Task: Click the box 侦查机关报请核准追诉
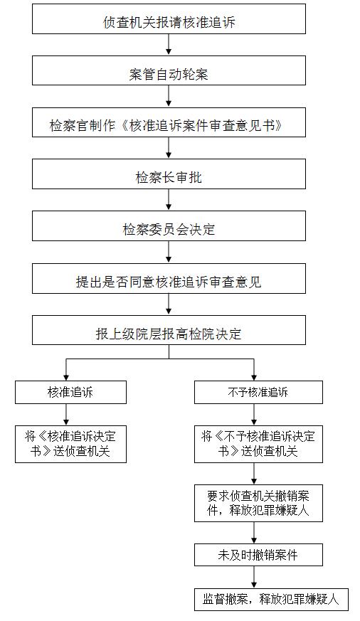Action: tap(169, 19)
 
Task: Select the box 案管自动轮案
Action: tap(169, 70)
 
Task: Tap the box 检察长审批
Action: tap(169, 174)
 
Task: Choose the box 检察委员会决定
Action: tap(169, 225)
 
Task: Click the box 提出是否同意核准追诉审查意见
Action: tap(169, 278)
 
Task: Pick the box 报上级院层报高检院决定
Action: tap(169, 330)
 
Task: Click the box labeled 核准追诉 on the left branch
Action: tap(70, 393)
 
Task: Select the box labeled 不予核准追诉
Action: tap(258, 393)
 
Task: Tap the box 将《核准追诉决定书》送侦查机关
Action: tap(70, 444)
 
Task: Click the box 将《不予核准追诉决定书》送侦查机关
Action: tap(258, 444)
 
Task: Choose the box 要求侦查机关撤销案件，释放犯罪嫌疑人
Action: tap(258, 503)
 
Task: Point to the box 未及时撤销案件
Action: tap(258, 555)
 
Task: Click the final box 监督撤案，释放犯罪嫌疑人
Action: tap(271, 599)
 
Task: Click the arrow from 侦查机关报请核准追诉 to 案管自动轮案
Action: tap(169, 45)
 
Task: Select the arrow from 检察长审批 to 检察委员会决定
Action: tap(169, 200)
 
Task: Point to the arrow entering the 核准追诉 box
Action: tap(66, 370)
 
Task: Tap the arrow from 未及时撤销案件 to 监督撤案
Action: tap(254, 577)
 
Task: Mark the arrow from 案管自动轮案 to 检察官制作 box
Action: tap(169, 96)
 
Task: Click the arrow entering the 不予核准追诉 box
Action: tap(254, 370)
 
